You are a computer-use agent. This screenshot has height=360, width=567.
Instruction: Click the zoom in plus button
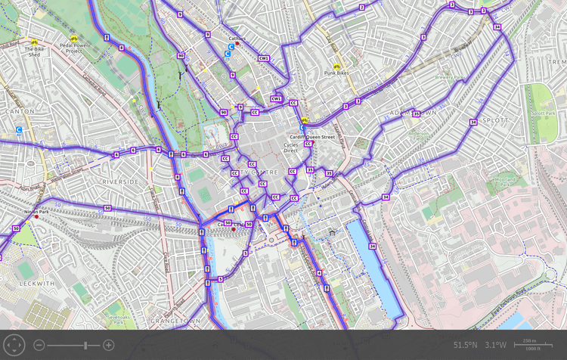coord(109,345)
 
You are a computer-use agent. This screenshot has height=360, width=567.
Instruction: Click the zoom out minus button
coord(39,345)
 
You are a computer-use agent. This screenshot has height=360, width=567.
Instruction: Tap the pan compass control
coord(14,345)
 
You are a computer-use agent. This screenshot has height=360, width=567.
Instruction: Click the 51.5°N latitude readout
coord(466,345)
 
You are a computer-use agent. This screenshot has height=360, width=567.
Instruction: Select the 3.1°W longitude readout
coord(496,345)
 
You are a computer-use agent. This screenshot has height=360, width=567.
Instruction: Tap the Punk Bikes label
coord(336,73)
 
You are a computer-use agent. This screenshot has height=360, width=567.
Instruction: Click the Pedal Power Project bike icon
coord(74,38)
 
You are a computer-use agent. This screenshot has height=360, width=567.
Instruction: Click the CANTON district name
coord(16,111)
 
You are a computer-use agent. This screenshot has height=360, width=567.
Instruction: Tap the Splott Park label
coord(542,113)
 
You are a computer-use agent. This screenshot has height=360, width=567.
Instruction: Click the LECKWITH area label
coord(36,284)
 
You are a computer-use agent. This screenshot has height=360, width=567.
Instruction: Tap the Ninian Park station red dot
coord(36,217)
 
